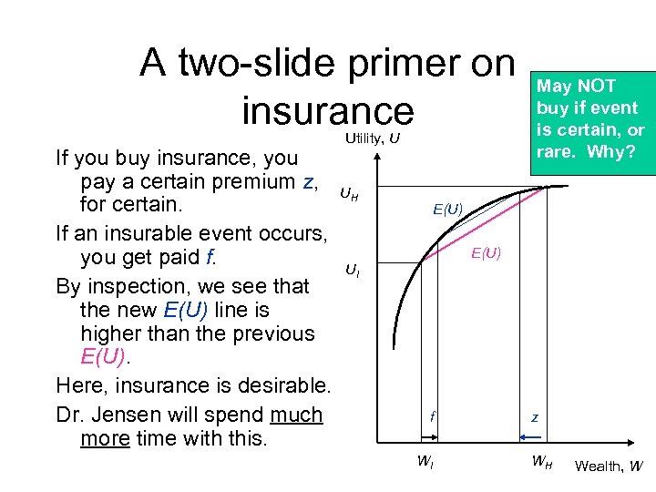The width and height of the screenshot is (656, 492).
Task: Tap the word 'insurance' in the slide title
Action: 327,109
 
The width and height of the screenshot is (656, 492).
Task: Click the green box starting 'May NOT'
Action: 590,118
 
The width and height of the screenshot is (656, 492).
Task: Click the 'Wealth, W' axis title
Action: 609,466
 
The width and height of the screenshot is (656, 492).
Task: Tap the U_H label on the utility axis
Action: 348,193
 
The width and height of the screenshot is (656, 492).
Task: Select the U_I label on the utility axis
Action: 352,270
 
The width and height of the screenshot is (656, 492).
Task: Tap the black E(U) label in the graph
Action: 448,210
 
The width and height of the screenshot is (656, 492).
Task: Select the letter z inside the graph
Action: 535,418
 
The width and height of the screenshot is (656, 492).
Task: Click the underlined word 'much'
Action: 296,415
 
